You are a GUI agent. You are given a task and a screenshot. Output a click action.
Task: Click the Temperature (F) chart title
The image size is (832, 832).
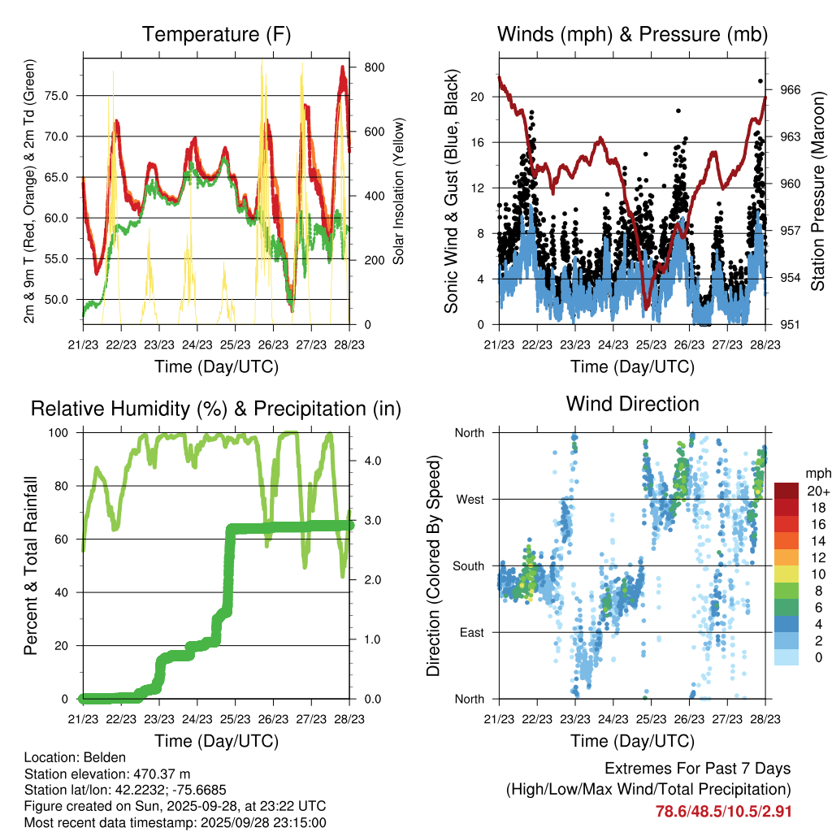tap(216, 35)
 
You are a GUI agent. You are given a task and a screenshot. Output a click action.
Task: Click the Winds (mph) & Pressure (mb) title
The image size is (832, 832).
tap(632, 35)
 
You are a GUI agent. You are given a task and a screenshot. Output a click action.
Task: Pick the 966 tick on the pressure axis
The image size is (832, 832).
tap(791, 89)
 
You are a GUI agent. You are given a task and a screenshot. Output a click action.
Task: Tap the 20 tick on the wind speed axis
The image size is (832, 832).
tap(477, 97)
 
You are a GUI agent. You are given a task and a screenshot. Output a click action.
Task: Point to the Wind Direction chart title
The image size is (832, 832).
tap(632, 404)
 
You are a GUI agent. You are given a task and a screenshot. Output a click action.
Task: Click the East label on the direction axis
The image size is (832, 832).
tap(470, 632)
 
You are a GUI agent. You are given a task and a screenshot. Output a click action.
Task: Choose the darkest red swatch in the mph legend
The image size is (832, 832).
tap(786, 490)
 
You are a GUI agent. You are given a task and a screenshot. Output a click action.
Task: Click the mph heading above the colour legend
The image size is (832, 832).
tap(816, 473)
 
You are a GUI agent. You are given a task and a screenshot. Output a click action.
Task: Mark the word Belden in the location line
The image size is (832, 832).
tap(96, 757)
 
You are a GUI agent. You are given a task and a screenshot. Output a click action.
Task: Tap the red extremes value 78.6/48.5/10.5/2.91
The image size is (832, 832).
tap(723, 811)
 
